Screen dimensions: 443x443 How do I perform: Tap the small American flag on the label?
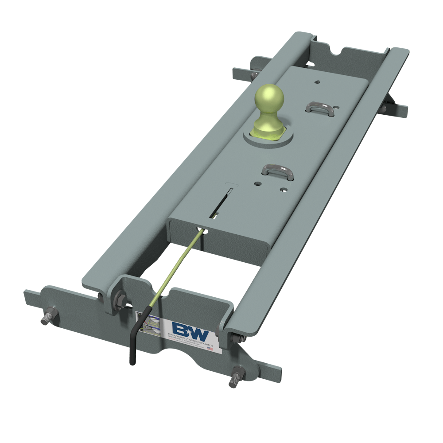(x=210, y=349)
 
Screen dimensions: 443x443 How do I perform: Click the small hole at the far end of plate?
(x=318, y=82)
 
